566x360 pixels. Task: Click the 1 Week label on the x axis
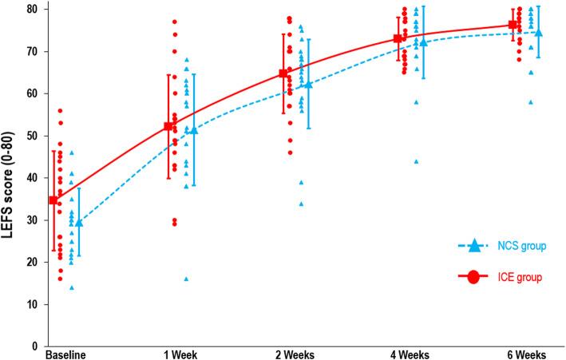[x=181, y=353]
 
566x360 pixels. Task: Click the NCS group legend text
[x=523, y=246]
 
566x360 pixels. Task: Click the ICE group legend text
[x=523, y=278]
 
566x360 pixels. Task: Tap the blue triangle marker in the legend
[x=473, y=245]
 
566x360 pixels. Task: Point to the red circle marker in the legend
[x=473, y=278]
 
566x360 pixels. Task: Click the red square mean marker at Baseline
[x=53, y=200]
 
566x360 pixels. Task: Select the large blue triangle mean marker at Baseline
[x=78, y=223]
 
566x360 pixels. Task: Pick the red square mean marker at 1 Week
[x=168, y=126]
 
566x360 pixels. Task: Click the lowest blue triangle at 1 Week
[x=186, y=279]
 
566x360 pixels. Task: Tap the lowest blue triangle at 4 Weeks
[x=416, y=161]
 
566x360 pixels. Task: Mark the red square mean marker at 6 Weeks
[x=513, y=25]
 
